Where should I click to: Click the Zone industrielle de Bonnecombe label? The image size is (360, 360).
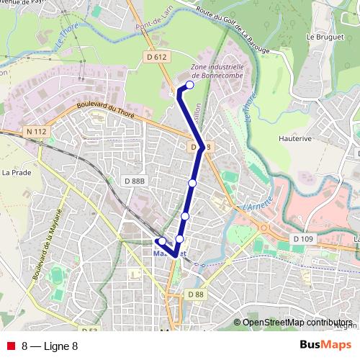(x=217, y=71)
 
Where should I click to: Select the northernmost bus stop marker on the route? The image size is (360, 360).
(x=190, y=85)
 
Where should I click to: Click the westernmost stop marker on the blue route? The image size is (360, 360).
(x=162, y=241)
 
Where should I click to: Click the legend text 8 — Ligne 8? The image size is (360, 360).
(x=50, y=346)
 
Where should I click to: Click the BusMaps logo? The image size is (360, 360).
(x=325, y=345)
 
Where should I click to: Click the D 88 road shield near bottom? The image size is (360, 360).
(x=195, y=294)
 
